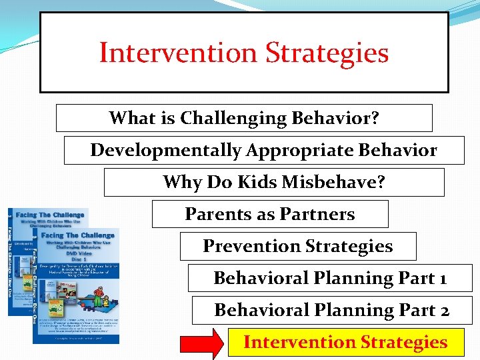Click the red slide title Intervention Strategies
click(x=244, y=53)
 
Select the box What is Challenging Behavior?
click(x=244, y=118)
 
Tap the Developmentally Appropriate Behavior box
click(x=264, y=150)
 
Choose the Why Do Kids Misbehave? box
click(x=274, y=182)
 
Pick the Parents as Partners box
click(x=270, y=214)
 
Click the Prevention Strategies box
click(x=298, y=246)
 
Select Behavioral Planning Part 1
click(x=330, y=278)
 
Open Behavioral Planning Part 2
click(x=332, y=310)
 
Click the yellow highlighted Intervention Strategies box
click(x=345, y=342)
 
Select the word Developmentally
click(x=166, y=150)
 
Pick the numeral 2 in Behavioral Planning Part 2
click(x=444, y=311)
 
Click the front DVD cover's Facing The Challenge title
click(x=79, y=235)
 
